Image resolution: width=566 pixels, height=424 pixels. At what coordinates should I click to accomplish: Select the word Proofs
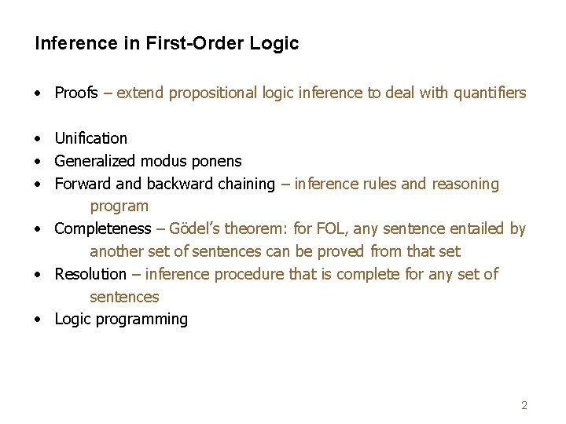point(76,93)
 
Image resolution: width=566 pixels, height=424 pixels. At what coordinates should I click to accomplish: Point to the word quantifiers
point(487,93)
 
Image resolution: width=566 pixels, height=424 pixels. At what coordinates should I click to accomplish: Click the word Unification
point(90,138)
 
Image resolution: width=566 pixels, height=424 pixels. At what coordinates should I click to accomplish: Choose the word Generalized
point(95,161)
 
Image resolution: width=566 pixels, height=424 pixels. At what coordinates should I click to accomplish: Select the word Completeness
point(102,228)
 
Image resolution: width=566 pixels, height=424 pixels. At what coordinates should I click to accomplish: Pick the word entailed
point(477,228)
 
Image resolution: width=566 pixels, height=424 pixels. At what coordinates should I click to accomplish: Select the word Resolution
point(90,274)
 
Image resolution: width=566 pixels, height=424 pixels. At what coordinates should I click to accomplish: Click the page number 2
point(524,406)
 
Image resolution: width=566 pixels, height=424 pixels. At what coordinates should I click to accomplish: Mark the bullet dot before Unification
point(38,139)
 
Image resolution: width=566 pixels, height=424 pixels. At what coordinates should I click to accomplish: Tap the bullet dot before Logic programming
point(38,320)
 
